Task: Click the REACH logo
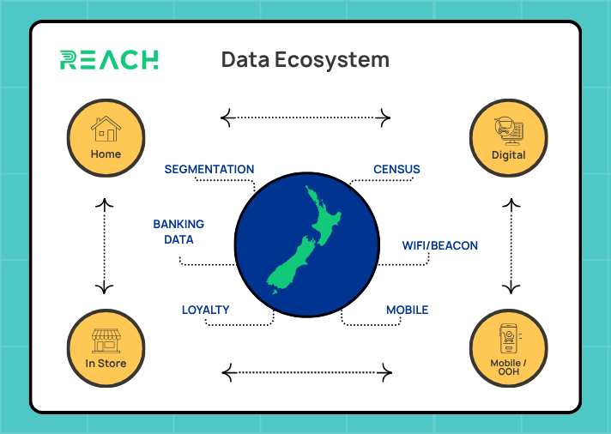coord(109,60)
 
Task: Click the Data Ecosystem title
coord(305,60)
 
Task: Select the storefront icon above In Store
coord(106,340)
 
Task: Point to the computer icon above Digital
coord(508,131)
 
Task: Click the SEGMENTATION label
coord(209,170)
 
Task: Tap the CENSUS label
coord(396,170)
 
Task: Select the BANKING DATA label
coord(178,232)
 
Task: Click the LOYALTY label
coord(205,310)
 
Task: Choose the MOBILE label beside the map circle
coord(407,310)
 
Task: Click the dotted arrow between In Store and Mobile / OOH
coord(306,372)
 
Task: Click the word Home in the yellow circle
coord(106,155)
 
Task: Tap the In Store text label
coord(106,364)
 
